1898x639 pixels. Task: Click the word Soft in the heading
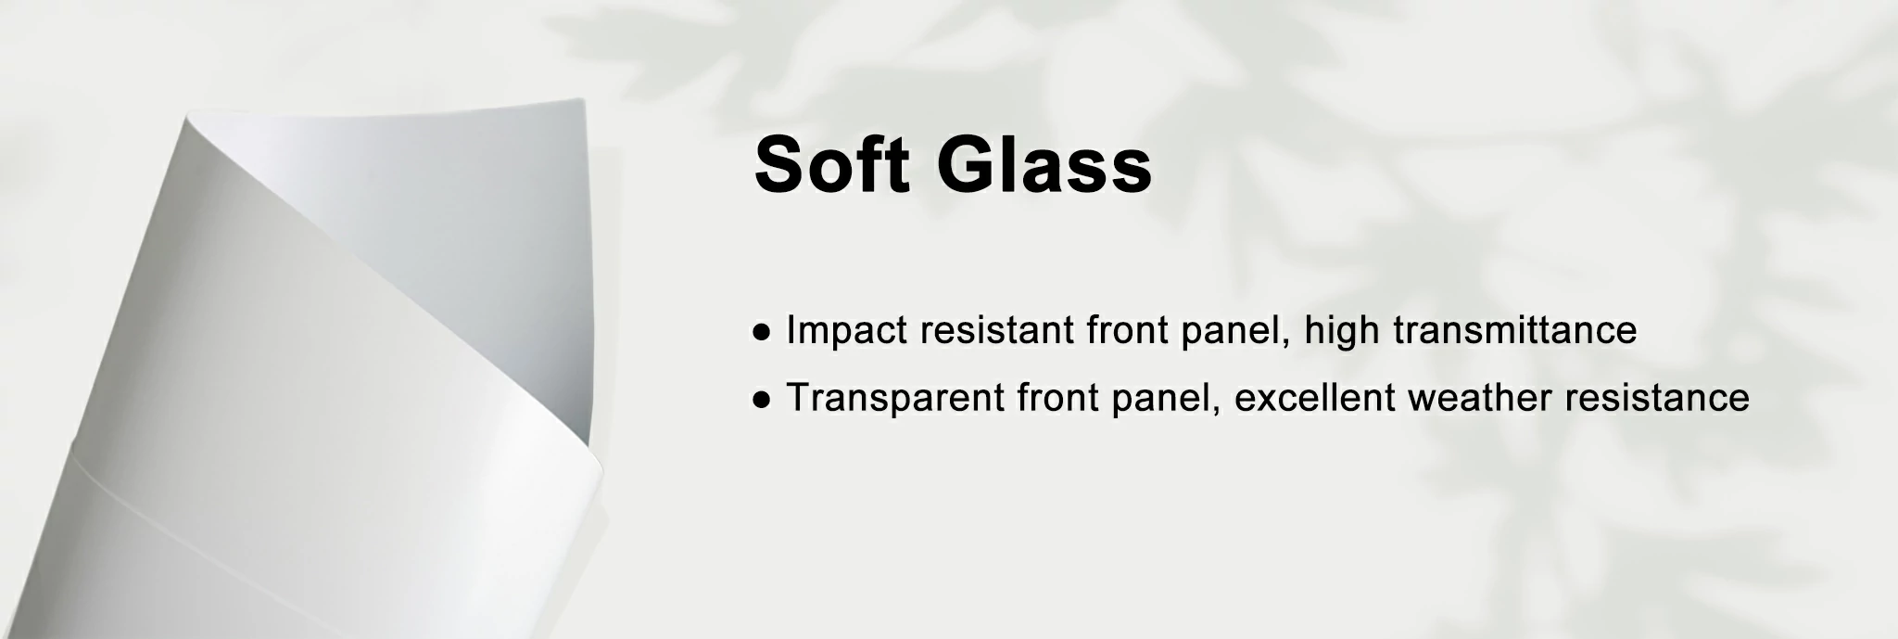click(x=832, y=164)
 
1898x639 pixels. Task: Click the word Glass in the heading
click(x=1044, y=164)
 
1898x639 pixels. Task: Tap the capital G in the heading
click(x=966, y=165)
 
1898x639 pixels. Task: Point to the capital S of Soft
click(x=779, y=165)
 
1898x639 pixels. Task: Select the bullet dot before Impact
click(x=763, y=331)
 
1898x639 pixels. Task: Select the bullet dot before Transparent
click(x=763, y=399)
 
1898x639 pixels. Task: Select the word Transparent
click(x=894, y=399)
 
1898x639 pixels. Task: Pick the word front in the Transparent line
click(x=1057, y=399)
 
